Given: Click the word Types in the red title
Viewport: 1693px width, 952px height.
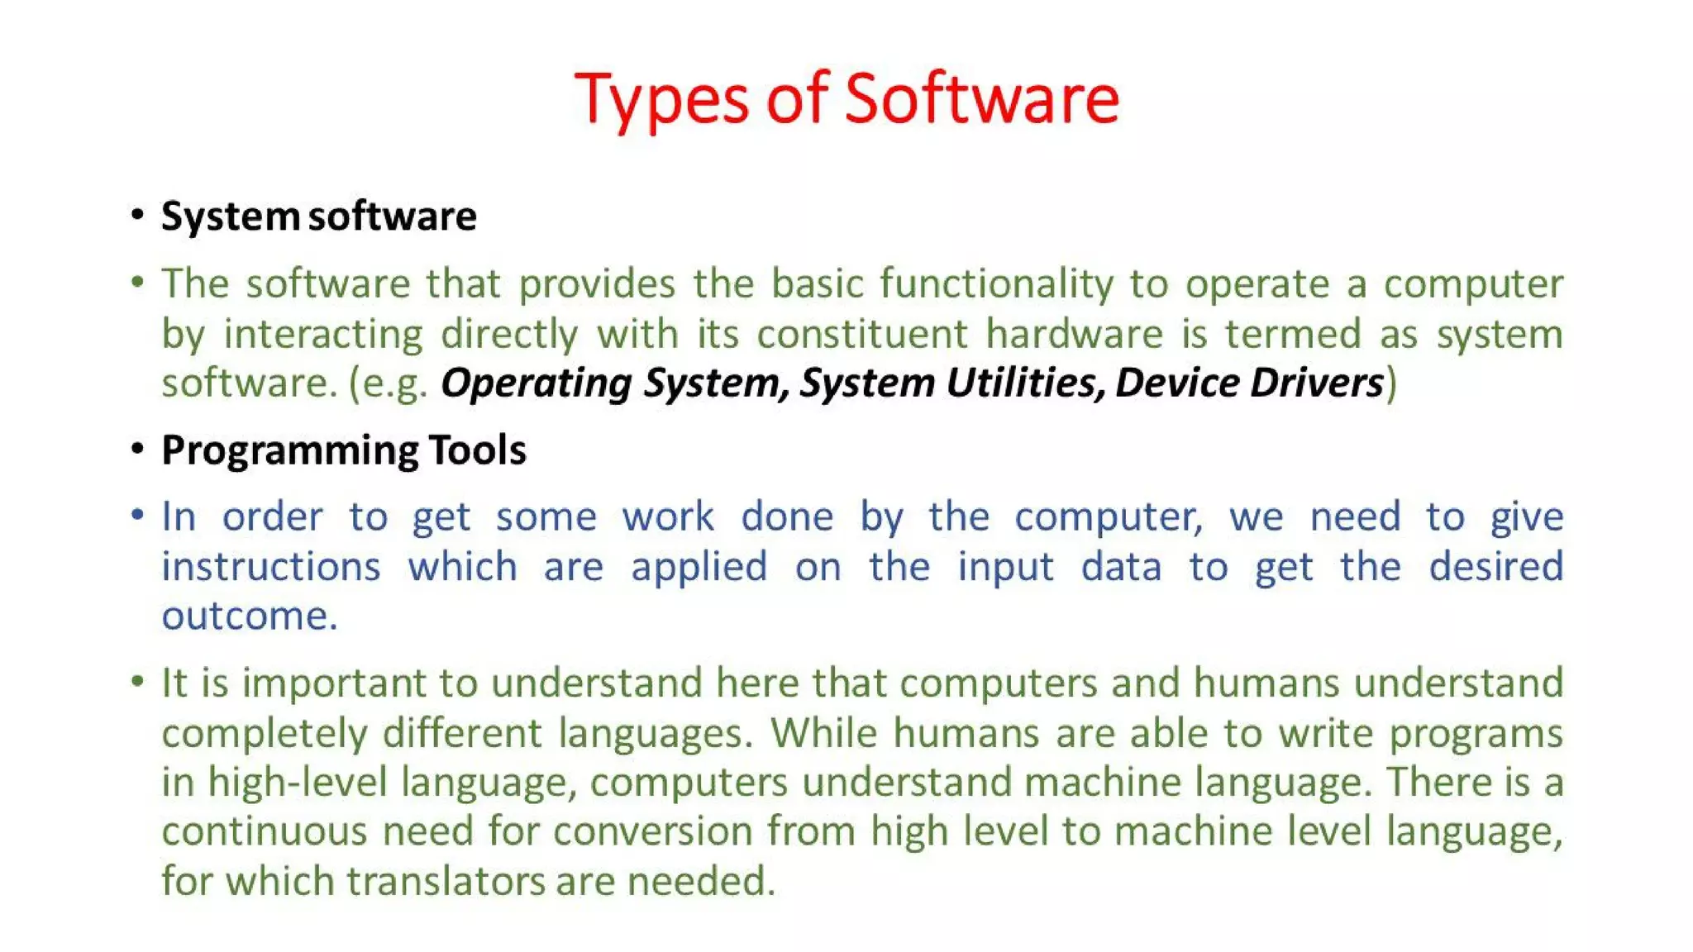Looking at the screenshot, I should [662, 99].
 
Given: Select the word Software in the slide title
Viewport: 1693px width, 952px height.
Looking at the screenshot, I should [981, 99].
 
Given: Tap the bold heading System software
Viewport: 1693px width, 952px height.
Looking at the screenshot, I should [318, 217].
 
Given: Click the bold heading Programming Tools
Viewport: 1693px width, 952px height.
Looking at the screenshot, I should [344, 450].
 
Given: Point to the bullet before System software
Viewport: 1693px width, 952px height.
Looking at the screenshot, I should [137, 215].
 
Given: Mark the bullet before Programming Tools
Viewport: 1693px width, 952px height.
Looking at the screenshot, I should [137, 449].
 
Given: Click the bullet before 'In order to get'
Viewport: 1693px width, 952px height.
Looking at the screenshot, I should [137, 516].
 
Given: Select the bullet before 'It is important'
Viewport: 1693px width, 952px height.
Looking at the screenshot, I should [137, 682].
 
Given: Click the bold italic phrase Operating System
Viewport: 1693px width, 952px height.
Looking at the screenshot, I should [610, 383].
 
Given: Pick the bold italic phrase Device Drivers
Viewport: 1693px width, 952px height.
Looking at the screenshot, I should [1248, 383].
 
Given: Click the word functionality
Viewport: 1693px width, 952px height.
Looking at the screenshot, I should [996, 284].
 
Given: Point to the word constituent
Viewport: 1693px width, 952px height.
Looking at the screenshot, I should [861, 335].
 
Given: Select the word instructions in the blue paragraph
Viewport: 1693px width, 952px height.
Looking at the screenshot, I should [271, 568].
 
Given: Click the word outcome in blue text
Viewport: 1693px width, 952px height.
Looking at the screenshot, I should [249, 616].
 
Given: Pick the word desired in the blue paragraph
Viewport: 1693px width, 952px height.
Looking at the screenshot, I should [1495, 568].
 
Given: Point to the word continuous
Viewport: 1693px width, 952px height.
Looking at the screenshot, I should [264, 831].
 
